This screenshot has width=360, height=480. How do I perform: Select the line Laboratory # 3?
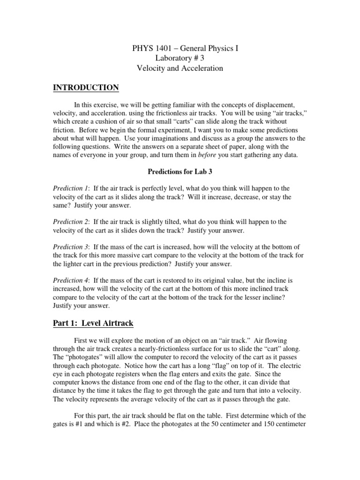(180, 58)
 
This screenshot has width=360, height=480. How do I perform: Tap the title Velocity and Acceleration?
(180, 68)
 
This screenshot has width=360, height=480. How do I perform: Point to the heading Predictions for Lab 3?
(180, 172)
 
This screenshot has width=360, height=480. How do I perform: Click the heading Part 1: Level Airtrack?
(95, 323)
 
